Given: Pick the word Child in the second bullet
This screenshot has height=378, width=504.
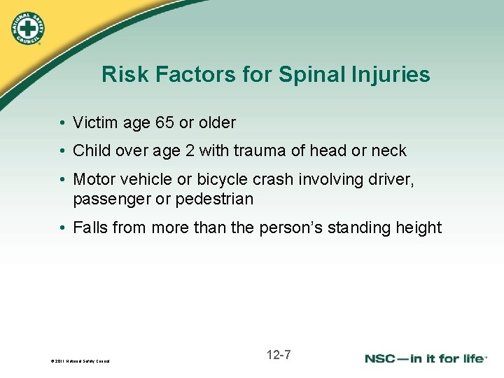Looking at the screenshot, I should [91, 150].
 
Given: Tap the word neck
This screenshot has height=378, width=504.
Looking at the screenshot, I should [388, 150].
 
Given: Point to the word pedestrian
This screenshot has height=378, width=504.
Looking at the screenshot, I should [214, 199].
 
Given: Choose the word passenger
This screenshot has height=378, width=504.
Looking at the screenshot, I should [112, 199].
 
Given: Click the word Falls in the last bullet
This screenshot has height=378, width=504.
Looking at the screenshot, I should [91, 227].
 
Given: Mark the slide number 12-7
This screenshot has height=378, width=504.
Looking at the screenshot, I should [279, 355].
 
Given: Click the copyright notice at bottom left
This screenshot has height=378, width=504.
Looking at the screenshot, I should [80, 361].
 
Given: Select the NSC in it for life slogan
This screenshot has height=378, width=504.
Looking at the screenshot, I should [425, 358].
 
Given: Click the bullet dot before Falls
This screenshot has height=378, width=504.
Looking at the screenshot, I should [63, 228].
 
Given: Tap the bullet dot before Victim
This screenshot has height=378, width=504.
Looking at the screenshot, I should [63, 124].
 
